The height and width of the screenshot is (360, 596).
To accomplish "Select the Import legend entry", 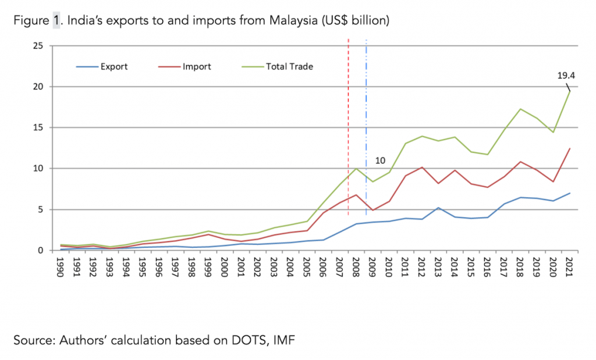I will pos(197,67).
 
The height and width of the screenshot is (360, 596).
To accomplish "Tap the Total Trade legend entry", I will pos(289,67).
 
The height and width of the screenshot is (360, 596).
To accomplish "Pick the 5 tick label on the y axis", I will pos(41,210).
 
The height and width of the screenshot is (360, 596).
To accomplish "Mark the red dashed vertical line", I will pos(348,116).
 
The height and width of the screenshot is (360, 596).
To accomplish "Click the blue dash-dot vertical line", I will pos(366,116).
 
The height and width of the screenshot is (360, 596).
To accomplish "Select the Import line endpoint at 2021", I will pos(569,148).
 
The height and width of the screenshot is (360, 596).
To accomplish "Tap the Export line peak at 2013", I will pos(438,208).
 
